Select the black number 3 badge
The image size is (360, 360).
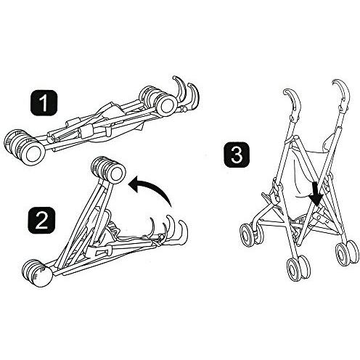[236, 154]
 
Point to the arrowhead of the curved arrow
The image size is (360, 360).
[132, 187]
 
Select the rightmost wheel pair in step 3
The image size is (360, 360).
[346, 252]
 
